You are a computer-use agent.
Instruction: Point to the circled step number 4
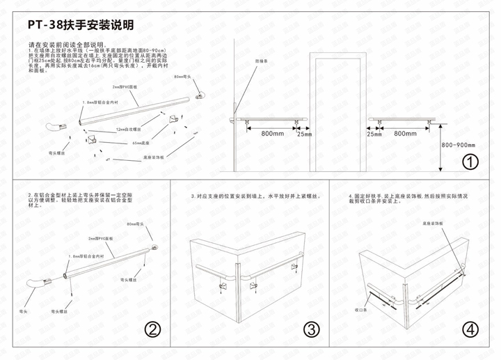click(471, 329)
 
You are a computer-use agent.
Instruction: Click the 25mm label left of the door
click(303, 134)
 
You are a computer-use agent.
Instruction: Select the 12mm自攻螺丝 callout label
click(129, 130)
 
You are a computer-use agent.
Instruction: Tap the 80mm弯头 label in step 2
click(136, 224)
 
